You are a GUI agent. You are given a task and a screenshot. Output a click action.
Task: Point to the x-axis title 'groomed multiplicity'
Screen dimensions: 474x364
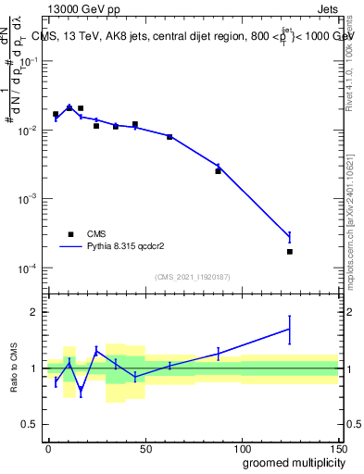point(289,462)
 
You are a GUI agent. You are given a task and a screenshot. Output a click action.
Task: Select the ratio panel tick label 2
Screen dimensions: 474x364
point(32,312)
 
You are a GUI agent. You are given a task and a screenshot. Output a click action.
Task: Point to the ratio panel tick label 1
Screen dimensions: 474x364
point(32,368)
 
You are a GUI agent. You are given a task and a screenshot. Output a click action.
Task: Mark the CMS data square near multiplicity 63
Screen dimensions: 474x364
point(169,137)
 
